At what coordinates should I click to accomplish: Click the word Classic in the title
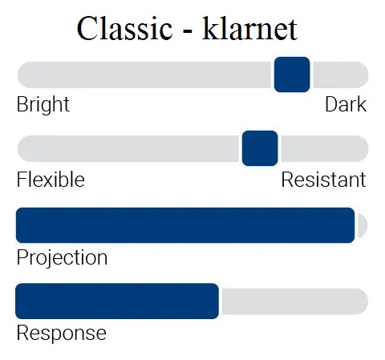coord(124,28)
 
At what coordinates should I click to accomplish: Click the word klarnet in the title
coord(249,28)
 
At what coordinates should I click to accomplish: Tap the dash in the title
coord(188,31)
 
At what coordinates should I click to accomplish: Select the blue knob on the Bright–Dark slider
coord(292,75)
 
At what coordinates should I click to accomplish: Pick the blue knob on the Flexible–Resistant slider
coord(260,148)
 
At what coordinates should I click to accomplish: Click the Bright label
coord(43,104)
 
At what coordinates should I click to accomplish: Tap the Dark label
coord(346,104)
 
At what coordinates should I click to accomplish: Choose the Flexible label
coord(51,180)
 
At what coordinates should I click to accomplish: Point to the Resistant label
coord(323,180)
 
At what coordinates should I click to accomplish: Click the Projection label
coord(62,257)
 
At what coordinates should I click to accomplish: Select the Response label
coord(62,333)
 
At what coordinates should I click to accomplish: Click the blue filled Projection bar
coord(185,225)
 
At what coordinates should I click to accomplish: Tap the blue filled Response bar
coord(117,301)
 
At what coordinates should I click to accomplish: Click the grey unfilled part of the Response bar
coord(295,301)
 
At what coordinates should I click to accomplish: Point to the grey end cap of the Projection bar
coord(363,225)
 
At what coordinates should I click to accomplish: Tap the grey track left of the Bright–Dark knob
coord(144,75)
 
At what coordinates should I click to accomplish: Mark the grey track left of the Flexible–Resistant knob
coord(128,148)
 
